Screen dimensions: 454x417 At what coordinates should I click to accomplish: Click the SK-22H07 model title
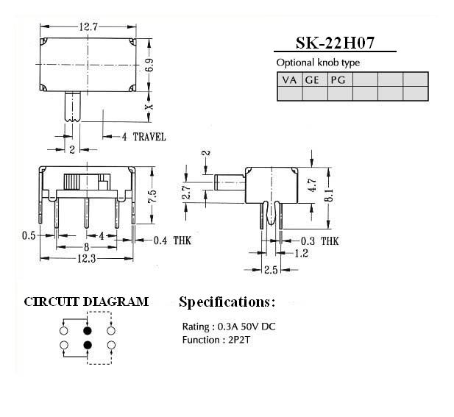point(335,43)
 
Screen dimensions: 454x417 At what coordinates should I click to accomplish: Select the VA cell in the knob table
point(289,79)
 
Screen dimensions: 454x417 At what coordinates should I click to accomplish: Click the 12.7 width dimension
point(88,27)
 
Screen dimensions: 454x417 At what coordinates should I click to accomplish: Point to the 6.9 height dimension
point(149,65)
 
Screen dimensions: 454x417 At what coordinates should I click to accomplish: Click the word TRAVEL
point(149,137)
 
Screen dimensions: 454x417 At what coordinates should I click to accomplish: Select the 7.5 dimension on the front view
point(152,196)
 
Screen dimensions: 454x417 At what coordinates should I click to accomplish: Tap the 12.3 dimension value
point(86,258)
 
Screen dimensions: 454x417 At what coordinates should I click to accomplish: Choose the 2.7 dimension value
point(187,191)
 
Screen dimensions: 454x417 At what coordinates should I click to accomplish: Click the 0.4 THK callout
point(172,240)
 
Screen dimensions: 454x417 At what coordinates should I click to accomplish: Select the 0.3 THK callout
point(319,240)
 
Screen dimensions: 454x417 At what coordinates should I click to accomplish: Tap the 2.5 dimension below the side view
point(271,270)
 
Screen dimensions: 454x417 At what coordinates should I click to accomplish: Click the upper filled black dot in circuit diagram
point(88,330)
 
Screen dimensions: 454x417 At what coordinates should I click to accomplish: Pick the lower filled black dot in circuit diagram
point(88,345)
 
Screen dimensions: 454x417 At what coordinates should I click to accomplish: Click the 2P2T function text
point(239,340)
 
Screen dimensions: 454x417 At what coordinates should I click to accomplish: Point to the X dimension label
point(149,107)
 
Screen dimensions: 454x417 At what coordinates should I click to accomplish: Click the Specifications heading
point(227,302)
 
